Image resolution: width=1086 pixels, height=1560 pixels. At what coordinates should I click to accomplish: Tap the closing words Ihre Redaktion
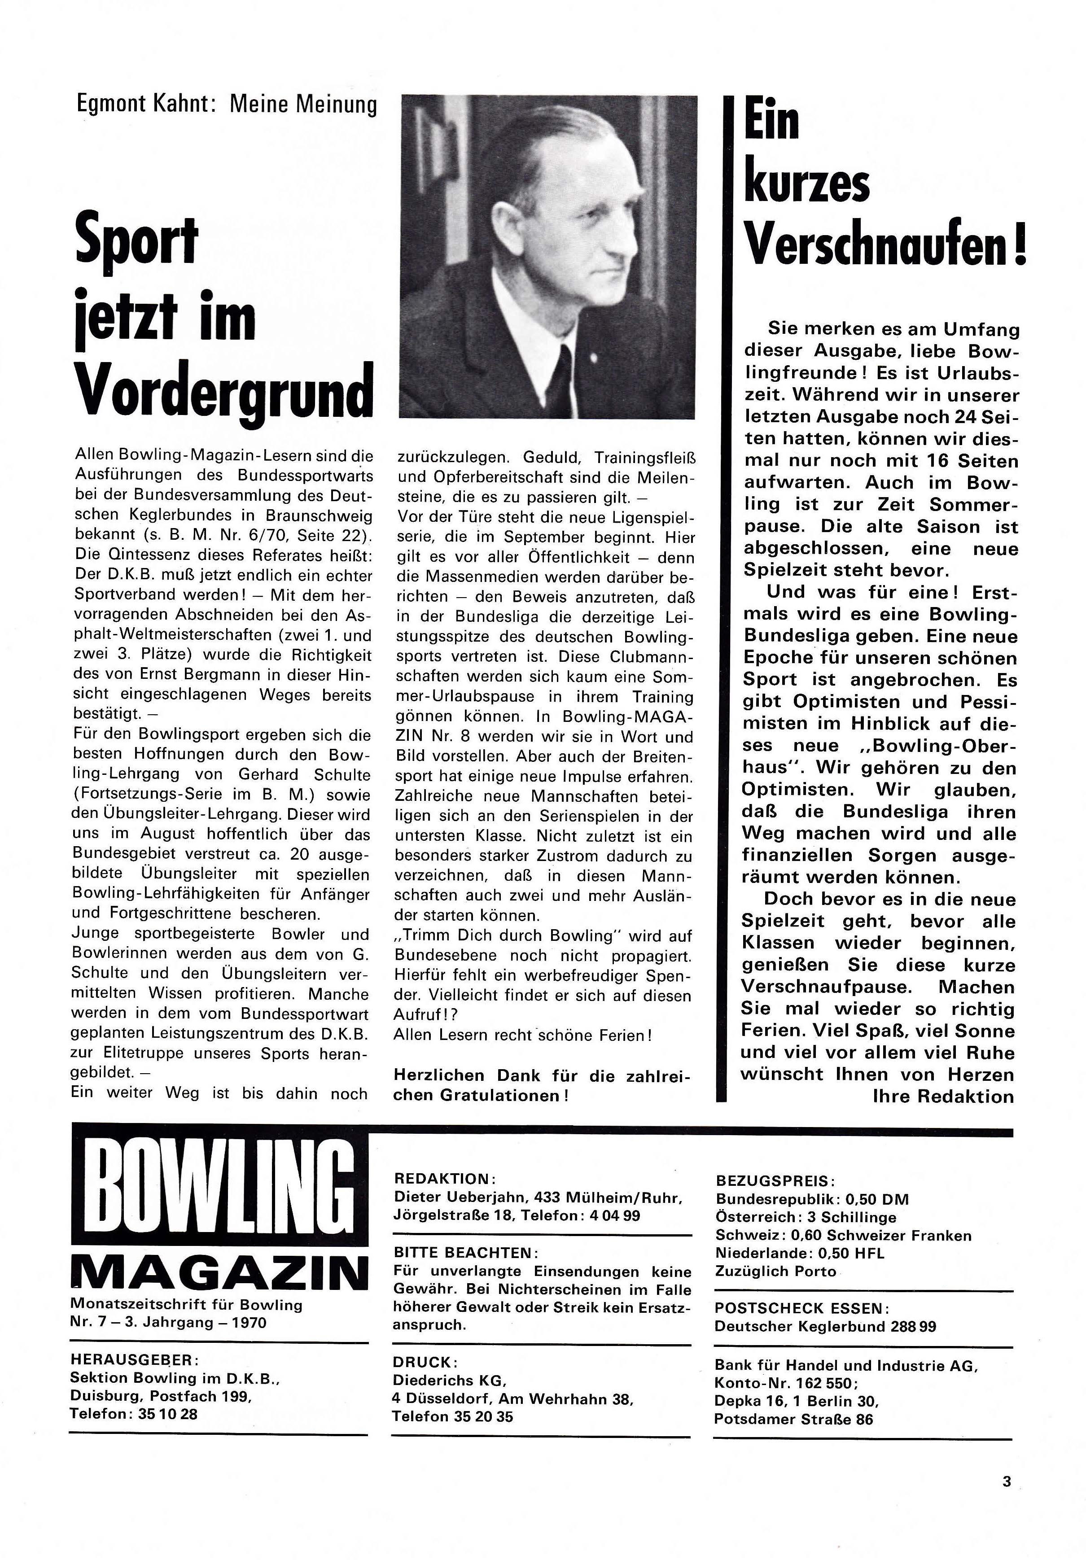pos(942,1096)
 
